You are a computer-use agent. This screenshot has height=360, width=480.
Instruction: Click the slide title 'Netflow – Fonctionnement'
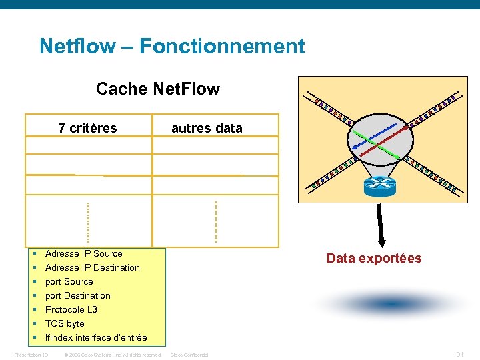[172, 47]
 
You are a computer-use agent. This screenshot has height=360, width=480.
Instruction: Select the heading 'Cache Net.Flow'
[158, 89]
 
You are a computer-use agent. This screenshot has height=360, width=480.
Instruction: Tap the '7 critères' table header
[87, 128]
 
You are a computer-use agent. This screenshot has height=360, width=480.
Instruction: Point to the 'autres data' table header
[207, 128]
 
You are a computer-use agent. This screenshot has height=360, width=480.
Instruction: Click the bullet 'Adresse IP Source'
[83, 253]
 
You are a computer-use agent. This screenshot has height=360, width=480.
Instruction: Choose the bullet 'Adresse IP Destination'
[92, 267]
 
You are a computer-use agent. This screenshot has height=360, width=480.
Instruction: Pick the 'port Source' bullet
[69, 281]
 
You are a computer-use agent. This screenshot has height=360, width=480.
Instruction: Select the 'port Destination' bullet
[77, 295]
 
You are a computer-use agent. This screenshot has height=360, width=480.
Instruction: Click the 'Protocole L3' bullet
[71, 309]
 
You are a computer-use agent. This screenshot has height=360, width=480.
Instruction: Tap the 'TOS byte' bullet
[65, 323]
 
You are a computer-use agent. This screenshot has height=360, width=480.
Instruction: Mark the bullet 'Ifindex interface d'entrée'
[96, 337]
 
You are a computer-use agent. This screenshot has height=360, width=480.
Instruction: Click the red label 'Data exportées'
[374, 259]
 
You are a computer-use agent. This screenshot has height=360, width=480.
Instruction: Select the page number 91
[459, 355]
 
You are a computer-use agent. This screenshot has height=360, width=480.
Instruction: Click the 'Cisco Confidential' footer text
[190, 355]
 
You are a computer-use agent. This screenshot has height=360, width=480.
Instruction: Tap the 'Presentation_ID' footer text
[31, 355]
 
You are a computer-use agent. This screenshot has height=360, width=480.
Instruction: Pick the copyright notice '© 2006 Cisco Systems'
[113, 355]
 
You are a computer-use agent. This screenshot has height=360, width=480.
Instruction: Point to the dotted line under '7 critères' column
[88, 223]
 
